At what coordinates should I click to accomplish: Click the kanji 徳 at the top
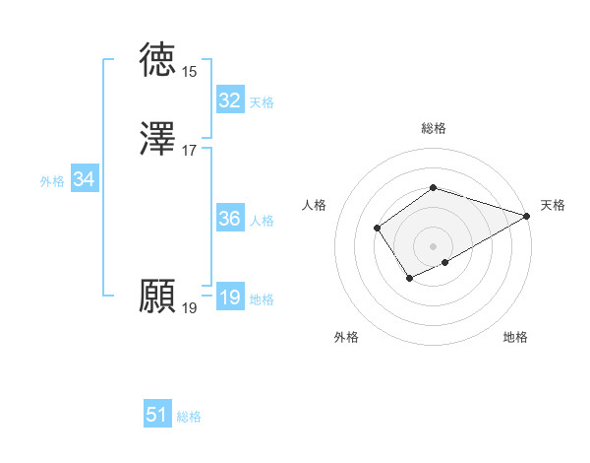point(159,59)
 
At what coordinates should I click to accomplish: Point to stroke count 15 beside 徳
point(189,72)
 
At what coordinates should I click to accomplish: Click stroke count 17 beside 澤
point(189,151)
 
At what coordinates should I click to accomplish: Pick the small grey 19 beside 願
point(189,308)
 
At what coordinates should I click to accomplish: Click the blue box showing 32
point(229,100)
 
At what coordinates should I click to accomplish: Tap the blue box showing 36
point(229,219)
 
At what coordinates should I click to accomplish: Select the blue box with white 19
point(229,298)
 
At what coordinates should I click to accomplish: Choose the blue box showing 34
point(84,179)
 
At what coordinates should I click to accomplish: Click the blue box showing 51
point(157,415)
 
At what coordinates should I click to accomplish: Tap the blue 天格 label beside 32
point(262,102)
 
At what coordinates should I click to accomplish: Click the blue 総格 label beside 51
point(189,417)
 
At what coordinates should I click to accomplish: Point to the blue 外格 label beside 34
point(52,181)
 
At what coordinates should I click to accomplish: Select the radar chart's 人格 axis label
point(315,205)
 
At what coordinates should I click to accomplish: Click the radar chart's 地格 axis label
point(515,337)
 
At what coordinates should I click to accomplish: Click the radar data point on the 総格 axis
point(433,187)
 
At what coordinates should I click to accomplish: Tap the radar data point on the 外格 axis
point(408,280)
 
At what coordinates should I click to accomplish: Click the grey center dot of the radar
point(433,245)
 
